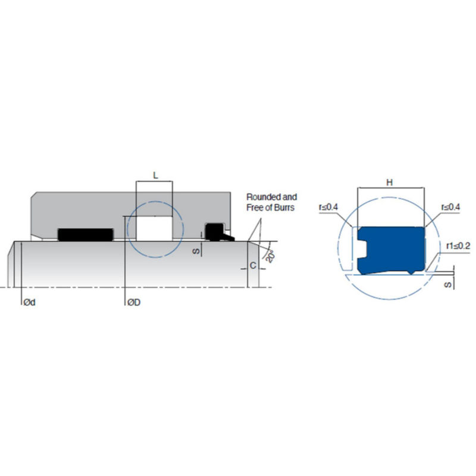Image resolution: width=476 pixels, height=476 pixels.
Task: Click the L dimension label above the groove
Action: pos(155,175)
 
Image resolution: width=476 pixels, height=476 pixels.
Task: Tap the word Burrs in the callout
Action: pos(285,208)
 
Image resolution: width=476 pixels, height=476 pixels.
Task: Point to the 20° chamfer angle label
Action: pos(270,255)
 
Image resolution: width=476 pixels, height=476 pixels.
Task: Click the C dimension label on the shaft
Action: pos(253,266)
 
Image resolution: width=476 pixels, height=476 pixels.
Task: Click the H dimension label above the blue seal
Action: pos(390,183)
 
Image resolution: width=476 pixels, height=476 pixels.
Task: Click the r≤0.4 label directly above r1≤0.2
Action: pos(450,207)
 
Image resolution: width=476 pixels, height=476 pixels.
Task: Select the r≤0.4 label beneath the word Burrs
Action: pos(328,207)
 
